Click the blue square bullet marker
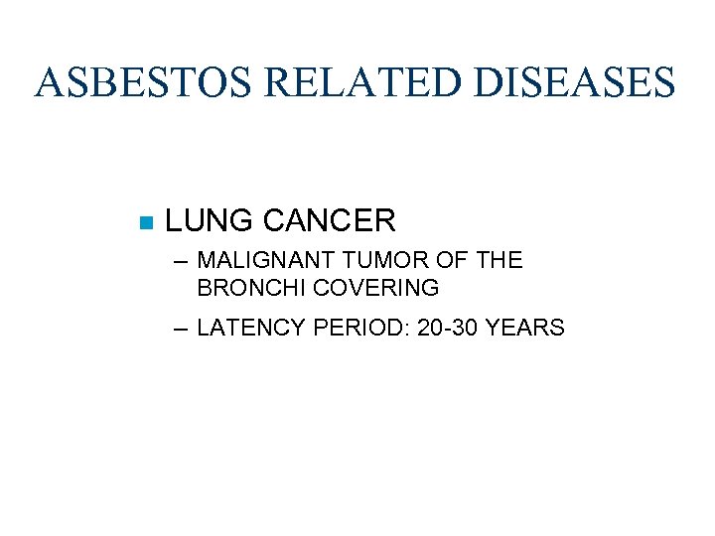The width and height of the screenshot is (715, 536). (x=146, y=220)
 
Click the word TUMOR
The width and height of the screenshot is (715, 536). (x=374, y=261)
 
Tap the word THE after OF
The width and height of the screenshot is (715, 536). (x=494, y=261)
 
